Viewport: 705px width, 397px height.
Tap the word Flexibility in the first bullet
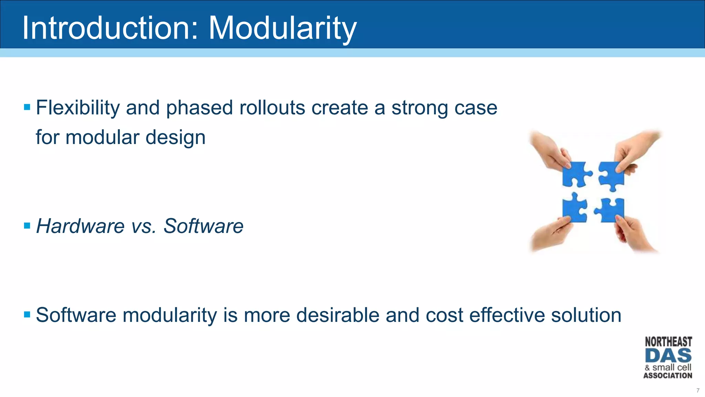(78, 108)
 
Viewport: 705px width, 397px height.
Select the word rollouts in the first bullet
(272, 108)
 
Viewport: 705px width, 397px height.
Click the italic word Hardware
(80, 226)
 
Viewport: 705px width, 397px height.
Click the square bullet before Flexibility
(27, 107)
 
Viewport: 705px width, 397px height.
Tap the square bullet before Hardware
(27, 226)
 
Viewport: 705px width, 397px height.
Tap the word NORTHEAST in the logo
(668, 342)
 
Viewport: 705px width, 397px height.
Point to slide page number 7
(698, 390)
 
